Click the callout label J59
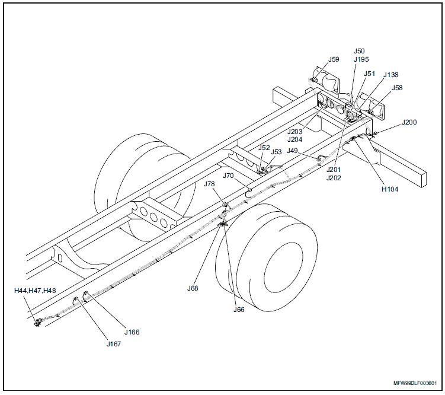(x=334, y=59)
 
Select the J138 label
(x=390, y=75)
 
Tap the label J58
(x=397, y=88)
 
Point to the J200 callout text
(x=409, y=122)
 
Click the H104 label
(x=389, y=190)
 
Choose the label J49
(x=292, y=151)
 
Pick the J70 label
(x=229, y=176)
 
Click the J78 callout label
(x=209, y=184)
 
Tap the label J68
(x=193, y=288)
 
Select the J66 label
(x=239, y=310)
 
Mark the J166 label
(x=132, y=332)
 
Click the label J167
(x=114, y=343)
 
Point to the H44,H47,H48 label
(x=35, y=291)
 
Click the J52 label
(x=264, y=148)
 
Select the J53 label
(x=276, y=152)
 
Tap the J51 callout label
(x=369, y=74)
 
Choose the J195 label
(x=361, y=59)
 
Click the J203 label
(x=295, y=132)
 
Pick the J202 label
(x=334, y=177)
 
